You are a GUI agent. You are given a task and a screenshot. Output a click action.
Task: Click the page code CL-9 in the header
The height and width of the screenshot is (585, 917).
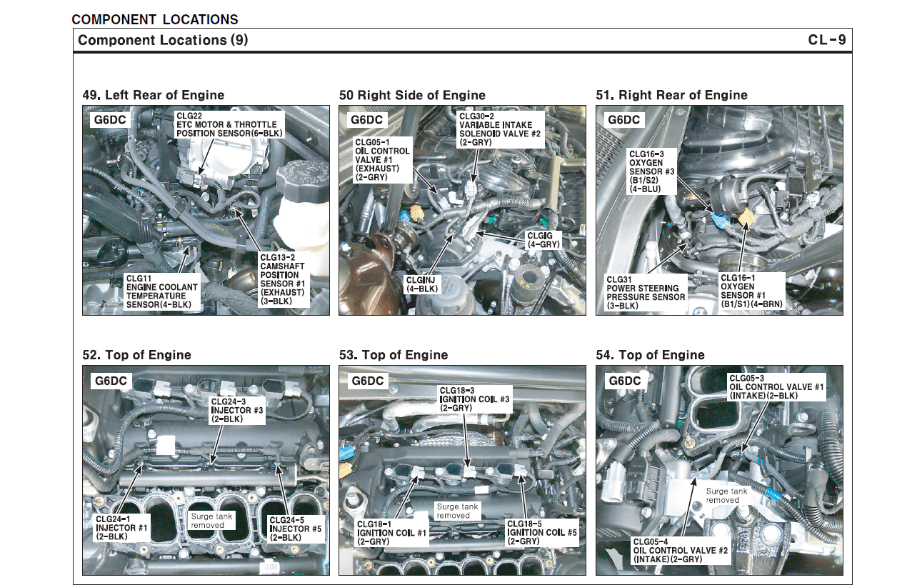[x=826, y=40]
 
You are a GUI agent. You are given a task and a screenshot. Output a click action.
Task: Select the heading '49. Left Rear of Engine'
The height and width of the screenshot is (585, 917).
[x=154, y=95]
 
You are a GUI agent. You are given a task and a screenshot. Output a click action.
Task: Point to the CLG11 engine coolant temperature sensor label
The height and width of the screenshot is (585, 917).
[x=162, y=291]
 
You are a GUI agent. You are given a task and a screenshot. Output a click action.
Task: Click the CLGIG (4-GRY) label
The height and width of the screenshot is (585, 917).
[x=543, y=239]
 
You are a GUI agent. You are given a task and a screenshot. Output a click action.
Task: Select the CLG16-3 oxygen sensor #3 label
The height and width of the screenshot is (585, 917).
[x=646, y=171]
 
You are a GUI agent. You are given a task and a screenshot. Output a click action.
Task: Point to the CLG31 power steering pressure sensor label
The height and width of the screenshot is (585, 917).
[x=645, y=293]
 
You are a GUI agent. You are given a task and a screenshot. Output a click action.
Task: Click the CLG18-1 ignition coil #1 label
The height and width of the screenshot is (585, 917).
[x=392, y=532]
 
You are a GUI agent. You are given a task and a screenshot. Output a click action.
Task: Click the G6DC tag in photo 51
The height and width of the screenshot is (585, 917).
[x=623, y=120]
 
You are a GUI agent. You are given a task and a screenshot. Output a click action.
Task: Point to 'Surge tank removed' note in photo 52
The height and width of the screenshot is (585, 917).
[x=207, y=520]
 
